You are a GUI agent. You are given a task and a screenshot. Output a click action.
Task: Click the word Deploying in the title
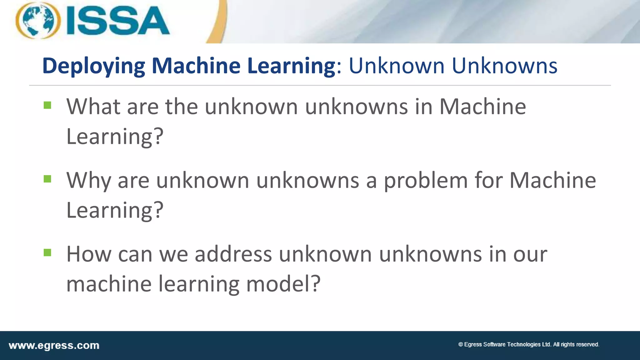(93, 66)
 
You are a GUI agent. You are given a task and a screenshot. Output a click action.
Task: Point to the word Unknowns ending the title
(504, 66)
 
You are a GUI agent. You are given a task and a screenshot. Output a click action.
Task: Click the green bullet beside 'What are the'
(47, 105)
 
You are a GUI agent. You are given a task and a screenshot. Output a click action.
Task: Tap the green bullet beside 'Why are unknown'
(47, 179)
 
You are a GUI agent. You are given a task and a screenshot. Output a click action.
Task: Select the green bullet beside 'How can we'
(47, 252)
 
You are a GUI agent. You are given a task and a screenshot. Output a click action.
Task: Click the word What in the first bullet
(93, 107)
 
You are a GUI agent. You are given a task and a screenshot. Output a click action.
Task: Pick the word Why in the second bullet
(88, 181)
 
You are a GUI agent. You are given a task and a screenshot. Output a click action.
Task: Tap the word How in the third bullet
(89, 254)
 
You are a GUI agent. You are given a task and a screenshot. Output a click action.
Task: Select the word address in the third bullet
(233, 254)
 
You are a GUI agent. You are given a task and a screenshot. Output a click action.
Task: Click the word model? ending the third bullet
(283, 284)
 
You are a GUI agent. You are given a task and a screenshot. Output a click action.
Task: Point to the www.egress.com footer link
(54, 346)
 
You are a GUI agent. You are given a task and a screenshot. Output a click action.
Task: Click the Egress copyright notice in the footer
(528, 344)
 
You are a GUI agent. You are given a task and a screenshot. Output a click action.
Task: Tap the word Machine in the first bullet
(482, 107)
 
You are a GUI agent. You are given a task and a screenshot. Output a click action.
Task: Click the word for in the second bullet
(488, 181)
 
